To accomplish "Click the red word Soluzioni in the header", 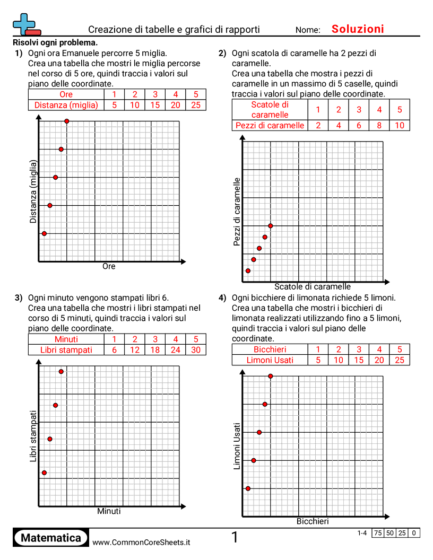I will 358,29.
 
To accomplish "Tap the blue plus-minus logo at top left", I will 26,25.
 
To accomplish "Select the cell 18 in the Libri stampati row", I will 155,350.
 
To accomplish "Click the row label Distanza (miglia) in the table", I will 66,105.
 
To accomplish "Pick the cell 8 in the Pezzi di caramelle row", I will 379,125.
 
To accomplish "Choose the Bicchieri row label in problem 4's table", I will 270,349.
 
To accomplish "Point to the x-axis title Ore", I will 109,266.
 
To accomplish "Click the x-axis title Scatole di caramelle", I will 313,286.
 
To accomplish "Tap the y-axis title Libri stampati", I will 33,435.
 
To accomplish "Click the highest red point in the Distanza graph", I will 67,121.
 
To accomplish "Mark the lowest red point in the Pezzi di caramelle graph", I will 248,271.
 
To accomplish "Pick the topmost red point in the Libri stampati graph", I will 61,371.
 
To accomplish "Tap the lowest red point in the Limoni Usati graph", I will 248,488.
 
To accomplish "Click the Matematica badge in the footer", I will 51,538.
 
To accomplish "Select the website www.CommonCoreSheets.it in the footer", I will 141,542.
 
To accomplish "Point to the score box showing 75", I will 378,533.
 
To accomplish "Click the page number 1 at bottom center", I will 235,538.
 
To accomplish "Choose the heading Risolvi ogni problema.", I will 55,42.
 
